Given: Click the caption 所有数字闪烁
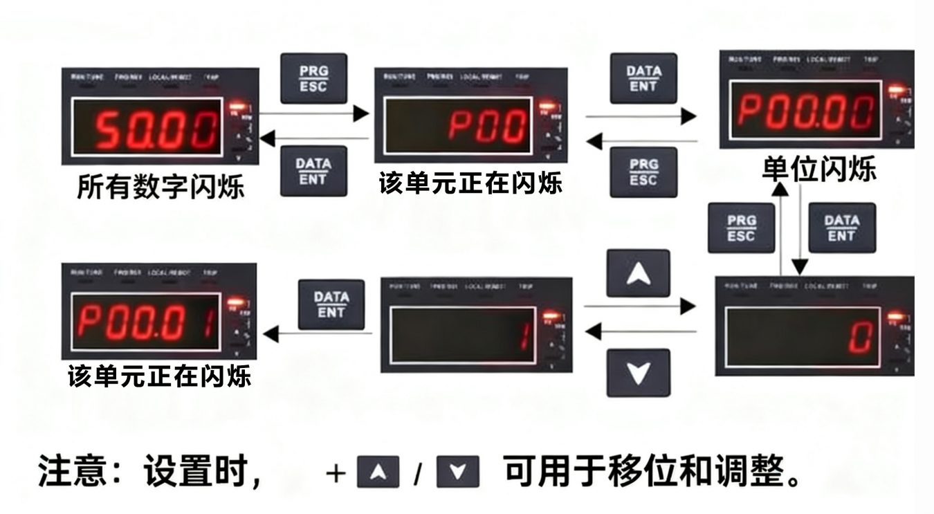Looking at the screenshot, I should tap(161, 187).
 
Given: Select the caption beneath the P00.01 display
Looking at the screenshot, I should tap(159, 377).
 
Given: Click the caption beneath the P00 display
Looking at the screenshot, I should tap(470, 184).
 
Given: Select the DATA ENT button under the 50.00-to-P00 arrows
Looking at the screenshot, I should tap(313, 171).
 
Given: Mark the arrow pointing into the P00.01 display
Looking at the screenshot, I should tap(318, 335).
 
